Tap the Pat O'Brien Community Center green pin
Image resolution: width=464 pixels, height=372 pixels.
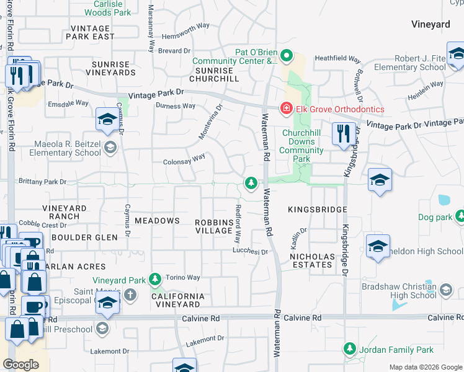pyautogui.click(x=286, y=56)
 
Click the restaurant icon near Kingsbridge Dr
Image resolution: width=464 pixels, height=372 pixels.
pyautogui.click(x=342, y=133)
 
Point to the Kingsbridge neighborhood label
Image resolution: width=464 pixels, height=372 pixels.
pyautogui.click(x=317, y=210)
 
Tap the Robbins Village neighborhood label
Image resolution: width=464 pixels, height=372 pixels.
pyautogui.click(x=213, y=226)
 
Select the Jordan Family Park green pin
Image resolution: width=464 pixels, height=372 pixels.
pyautogui.click(x=349, y=349)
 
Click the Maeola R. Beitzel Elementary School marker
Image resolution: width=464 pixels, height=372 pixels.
pyautogui.click(x=110, y=147)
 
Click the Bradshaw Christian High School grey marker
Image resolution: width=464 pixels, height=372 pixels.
pyautogui.click(x=445, y=290)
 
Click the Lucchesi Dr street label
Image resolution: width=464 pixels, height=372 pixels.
pyautogui.click(x=249, y=252)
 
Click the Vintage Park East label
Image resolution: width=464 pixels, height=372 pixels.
pyautogui.click(x=92, y=32)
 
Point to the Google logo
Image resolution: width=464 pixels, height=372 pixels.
pyautogui.click(x=20, y=365)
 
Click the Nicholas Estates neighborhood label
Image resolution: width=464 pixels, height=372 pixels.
pyautogui.click(x=312, y=260)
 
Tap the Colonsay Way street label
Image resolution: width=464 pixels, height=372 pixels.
pyautogui.click(x=184, y=158)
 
